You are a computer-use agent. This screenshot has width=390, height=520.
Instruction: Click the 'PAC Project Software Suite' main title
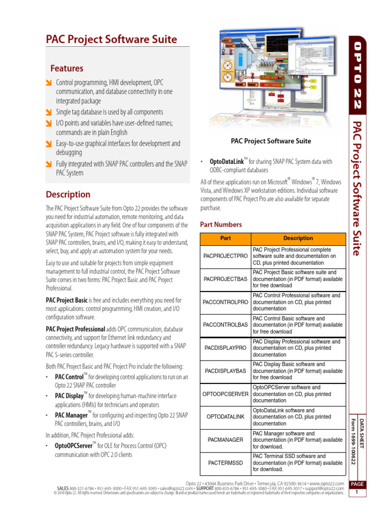coord(112,40)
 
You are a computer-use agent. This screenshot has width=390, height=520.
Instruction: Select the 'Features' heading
coord(67,68)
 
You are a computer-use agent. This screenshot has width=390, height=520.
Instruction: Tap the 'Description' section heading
coord(68,194)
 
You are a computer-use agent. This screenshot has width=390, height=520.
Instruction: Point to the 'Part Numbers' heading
coord(221,224)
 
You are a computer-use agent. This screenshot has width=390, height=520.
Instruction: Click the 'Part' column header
coord(225,238)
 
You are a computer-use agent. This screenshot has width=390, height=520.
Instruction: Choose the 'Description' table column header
coord(298,238)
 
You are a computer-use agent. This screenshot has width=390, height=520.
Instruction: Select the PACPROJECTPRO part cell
coord(225,256)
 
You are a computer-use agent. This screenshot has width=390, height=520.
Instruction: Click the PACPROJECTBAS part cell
coord(225,279)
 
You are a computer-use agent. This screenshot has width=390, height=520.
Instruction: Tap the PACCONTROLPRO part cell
coord(225,302)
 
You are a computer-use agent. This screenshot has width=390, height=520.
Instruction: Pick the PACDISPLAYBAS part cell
coord(225,371)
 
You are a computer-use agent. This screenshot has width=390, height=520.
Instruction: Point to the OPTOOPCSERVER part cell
coord(225,394)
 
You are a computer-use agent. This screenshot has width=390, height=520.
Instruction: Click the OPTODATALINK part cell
coord(225,416)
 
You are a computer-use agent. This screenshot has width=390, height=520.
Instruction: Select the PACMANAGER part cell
coord(225,439)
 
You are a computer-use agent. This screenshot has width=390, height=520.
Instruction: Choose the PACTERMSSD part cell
coord(225,463)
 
